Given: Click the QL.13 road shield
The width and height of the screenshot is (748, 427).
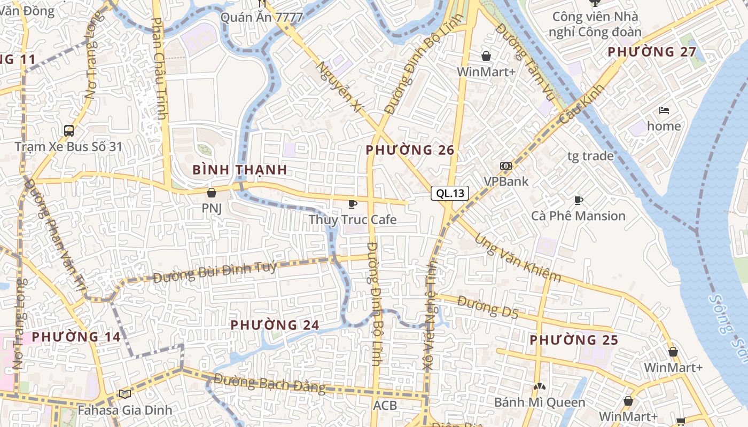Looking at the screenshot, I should pyautogui.click(x=450, y=193).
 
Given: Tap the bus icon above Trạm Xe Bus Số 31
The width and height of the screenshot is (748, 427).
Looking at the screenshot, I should pyautogui.click(x=69, y=131).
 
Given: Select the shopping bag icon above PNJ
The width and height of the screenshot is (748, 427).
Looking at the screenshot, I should pyautogui.click(x=212, y=192).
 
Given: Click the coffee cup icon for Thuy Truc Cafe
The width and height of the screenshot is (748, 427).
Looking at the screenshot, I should pyautogui.click(x=352, y=204).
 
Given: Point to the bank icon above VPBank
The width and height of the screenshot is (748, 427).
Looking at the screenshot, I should pyautogui.click(x=505, y=166).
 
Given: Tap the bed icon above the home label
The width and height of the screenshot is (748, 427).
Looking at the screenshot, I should pyautogui.click(x=664, y=111).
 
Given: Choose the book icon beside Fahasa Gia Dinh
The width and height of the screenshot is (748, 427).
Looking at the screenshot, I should pyautogui.click(x=124, y=394).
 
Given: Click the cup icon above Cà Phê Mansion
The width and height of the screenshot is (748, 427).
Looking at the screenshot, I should pyautogui.click(x=578, y=201).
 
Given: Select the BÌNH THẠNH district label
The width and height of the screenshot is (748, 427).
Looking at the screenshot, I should pyautogui.click(x=239, y=170).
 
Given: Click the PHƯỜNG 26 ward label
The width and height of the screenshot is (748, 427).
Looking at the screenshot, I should pyautogui.click(x=410, y=151).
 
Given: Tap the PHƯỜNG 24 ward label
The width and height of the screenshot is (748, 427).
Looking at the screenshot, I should pyautogui.click(x=275, y=325).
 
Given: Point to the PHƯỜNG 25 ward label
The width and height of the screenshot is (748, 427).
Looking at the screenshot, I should pyautogui.click(x=574, y=340).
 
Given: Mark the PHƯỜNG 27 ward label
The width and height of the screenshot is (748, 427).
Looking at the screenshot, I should pyautogui.click(x=652, y=52).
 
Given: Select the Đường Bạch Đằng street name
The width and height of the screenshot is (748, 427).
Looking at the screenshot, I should pyautogui.click(x=270, y=384).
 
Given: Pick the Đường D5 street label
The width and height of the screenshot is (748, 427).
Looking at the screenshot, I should pyautogui.click(x=488, y=307).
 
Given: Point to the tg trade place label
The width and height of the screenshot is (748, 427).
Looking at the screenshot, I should pyautogui.click(x=590, y=156).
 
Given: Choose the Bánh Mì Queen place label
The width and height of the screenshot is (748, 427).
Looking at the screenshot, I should pyautogui.click(x=540, y=402).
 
